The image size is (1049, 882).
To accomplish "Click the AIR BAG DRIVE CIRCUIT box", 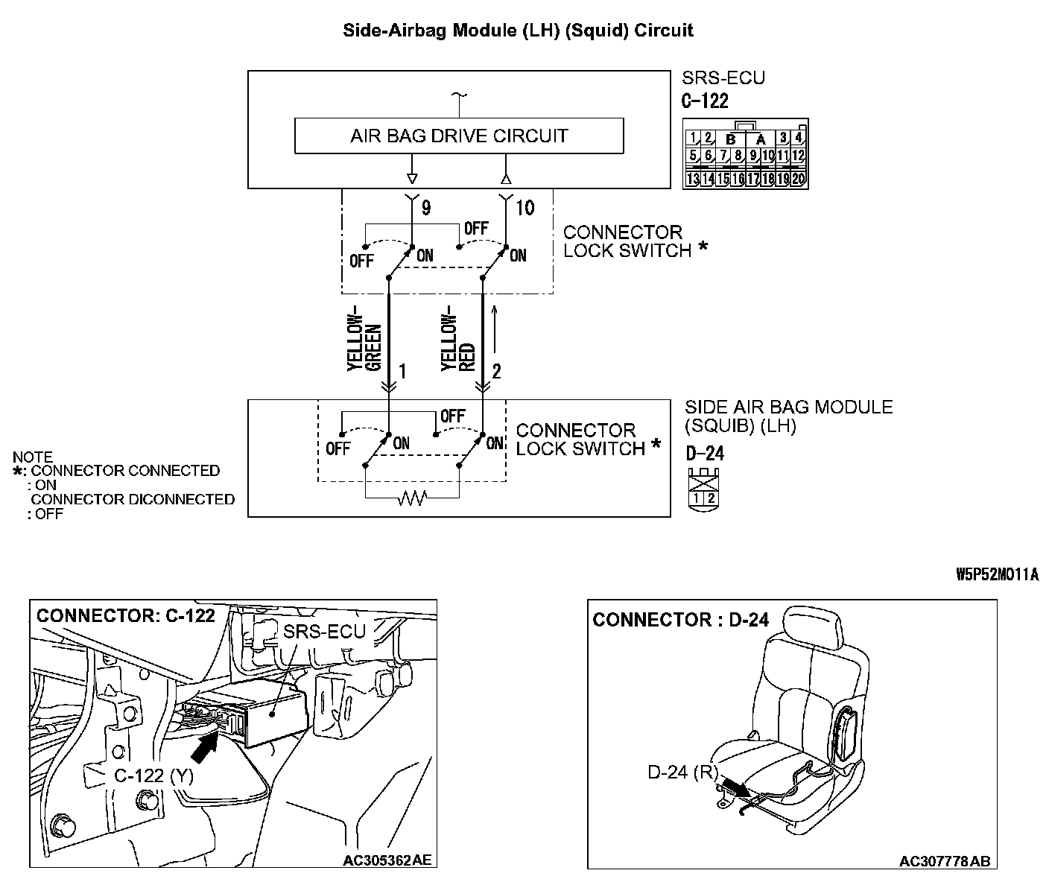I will point(459,136).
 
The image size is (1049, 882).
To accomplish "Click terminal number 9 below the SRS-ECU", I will point(425,208).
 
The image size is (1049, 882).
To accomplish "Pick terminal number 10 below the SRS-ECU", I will point(525,208).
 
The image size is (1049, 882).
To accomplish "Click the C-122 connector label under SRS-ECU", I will point(705,101).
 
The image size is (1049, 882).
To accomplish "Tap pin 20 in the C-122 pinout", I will point(798,179).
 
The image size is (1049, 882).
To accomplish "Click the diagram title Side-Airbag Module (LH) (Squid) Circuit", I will point(518,31).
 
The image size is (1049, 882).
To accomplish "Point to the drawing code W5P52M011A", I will point(997,575).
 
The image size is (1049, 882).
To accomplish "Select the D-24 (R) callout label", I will point(682,772).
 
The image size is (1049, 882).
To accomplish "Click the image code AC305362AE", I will point(386,860).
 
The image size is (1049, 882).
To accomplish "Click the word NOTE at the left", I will point(33,457).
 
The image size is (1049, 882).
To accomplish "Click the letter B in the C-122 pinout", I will point(731,139).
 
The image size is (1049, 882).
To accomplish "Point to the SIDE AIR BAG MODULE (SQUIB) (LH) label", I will point(788,416).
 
